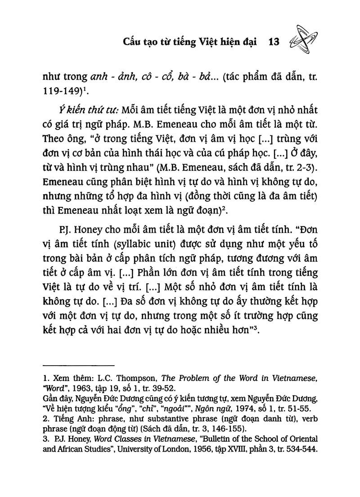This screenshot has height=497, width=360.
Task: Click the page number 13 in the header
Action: (x=274, y=42)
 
